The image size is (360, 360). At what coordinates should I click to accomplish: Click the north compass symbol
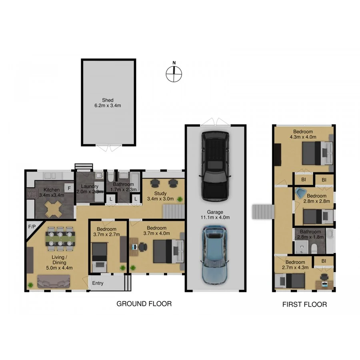174,73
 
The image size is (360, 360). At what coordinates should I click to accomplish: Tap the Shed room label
108,103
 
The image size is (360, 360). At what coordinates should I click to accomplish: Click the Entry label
98,283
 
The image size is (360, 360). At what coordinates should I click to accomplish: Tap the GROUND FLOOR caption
144,304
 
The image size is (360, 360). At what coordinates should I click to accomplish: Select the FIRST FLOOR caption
304,304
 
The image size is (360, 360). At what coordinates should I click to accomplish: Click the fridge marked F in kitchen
69,188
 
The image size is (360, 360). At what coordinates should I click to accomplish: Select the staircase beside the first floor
263,211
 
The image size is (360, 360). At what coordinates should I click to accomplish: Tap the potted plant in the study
180,198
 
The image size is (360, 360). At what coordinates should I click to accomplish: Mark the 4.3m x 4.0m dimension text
303,137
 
